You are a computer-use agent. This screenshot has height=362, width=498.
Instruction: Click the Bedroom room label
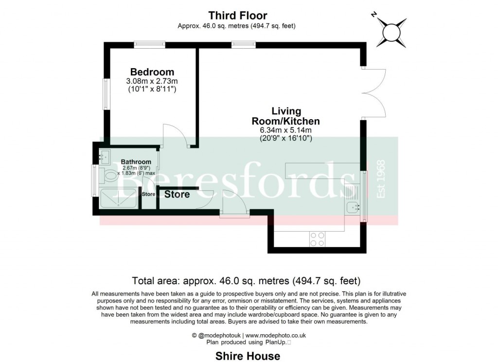coord(152,72)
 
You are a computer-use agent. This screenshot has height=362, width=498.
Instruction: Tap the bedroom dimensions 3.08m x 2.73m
coord(152,81)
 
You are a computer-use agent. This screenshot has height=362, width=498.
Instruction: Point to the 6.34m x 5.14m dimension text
coord(285,130)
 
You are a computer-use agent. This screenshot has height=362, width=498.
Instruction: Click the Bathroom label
coord(136,162)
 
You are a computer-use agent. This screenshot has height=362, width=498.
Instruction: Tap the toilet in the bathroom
coord(109,175)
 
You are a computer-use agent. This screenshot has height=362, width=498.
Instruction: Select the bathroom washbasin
coord(104,157)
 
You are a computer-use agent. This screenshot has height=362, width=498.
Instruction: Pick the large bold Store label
coord(177,195)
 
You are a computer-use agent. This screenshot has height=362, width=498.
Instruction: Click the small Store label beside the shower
coord(148,194)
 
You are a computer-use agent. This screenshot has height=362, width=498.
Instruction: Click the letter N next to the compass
coord(374,15)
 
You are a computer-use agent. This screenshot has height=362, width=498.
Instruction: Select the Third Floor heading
coord(238,16)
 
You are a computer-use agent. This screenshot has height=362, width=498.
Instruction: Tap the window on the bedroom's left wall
coord(105,93)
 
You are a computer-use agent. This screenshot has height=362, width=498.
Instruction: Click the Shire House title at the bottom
coord(248,356)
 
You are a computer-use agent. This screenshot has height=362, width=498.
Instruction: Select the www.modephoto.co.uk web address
coord(275,335)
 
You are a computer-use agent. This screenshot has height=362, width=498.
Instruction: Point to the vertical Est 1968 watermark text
coord(381,179)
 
